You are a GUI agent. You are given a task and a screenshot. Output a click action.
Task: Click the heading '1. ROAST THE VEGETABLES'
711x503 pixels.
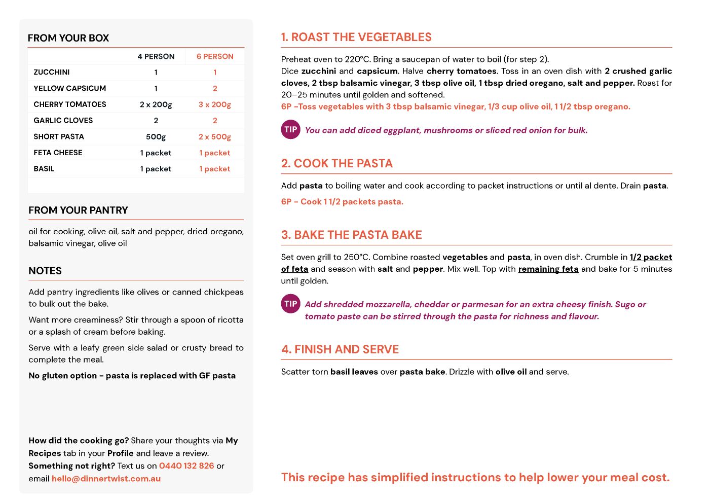356,37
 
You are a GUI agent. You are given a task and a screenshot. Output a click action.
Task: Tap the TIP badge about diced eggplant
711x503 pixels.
290,129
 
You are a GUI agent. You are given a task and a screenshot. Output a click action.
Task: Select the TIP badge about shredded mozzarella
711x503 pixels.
290,304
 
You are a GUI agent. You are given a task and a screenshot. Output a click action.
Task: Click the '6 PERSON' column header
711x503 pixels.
215,56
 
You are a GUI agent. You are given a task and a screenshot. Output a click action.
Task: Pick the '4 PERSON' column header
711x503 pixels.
156,56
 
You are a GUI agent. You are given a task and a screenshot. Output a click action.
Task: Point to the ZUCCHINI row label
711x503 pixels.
52,72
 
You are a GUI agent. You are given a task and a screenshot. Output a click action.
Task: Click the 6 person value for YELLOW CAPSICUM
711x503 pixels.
215,88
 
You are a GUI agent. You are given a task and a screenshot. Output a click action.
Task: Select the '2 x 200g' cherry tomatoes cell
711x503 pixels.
156,104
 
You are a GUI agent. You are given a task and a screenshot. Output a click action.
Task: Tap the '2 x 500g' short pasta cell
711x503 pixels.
215,136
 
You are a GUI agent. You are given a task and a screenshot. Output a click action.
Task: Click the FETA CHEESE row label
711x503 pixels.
58,153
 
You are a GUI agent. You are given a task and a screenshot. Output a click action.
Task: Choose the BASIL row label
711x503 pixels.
44,169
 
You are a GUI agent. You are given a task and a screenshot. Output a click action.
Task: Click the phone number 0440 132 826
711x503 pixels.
186,465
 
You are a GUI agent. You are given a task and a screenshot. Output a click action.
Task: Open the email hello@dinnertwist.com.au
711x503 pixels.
106,478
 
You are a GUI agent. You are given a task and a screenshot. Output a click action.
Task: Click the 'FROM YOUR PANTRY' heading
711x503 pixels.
78,210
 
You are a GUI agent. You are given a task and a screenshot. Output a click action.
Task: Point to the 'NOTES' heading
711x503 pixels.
45,271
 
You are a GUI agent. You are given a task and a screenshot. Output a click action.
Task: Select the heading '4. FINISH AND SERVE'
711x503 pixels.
340,349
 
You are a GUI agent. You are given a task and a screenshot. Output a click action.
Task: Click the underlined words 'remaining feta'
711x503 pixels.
548,269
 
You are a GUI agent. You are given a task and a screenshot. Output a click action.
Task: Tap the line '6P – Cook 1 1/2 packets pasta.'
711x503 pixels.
342,201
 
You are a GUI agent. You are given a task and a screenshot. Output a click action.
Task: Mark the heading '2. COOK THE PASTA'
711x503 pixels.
336,163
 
